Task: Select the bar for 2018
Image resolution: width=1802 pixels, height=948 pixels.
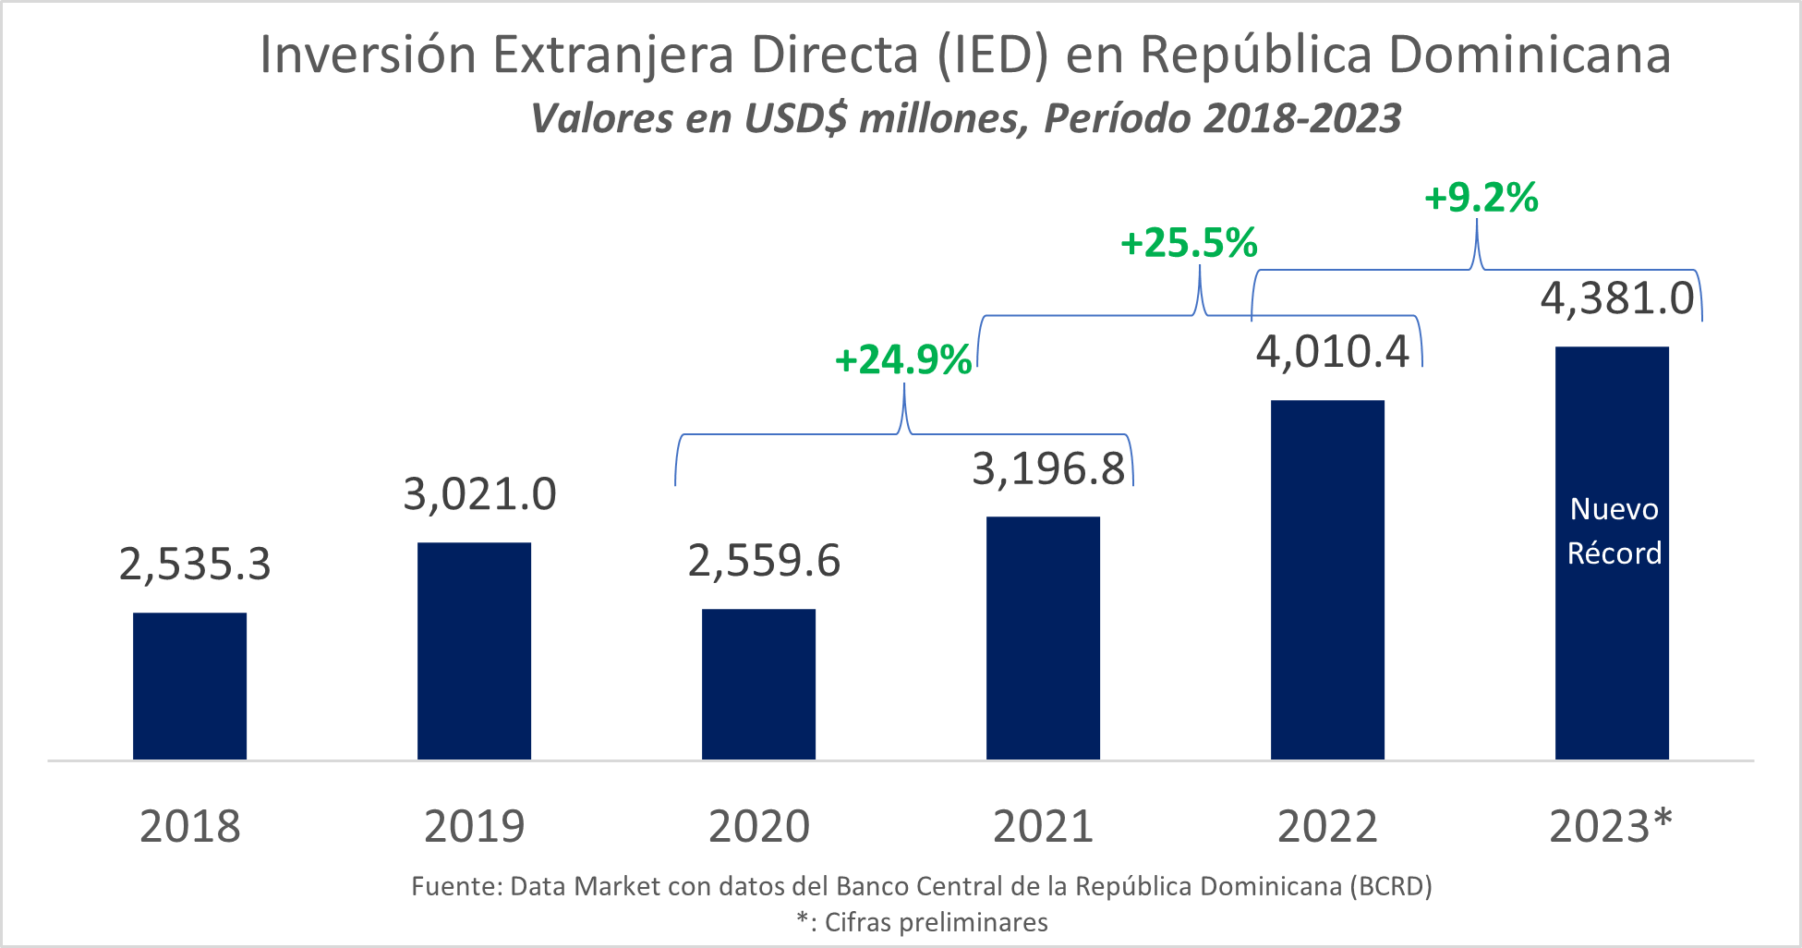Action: (x=189, y=686)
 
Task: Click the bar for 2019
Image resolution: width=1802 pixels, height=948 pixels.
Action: (x=474, y=650)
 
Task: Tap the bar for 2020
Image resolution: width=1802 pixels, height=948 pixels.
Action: (x=758, y=684)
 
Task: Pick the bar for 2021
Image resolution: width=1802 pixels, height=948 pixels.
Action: (x=1043, y=638)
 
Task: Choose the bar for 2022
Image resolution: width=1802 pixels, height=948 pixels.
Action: (x=1327, y=579)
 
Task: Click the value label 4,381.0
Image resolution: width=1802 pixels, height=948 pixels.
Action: (x=1617, y=299)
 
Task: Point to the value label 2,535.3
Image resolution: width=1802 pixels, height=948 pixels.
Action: (x=195, y=565)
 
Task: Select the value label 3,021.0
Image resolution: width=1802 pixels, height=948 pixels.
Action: (x=479, y=494)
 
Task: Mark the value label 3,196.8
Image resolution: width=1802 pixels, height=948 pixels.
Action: (x=1048, y=469)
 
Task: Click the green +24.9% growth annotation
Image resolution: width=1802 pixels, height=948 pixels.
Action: (x=902, y=360)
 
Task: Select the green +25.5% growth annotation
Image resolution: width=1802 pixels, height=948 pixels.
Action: (x=1189, y=244)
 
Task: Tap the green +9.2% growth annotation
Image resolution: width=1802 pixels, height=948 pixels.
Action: (x=1481, y=198)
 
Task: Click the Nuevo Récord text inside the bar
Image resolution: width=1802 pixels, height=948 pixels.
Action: (x=1614, y=531)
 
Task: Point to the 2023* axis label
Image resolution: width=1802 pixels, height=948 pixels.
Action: (x=1611, y=826)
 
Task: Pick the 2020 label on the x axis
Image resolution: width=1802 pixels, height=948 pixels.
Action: (x=758, y=826)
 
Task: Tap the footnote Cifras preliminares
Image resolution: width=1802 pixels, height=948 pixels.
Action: (x=936, y=922)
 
